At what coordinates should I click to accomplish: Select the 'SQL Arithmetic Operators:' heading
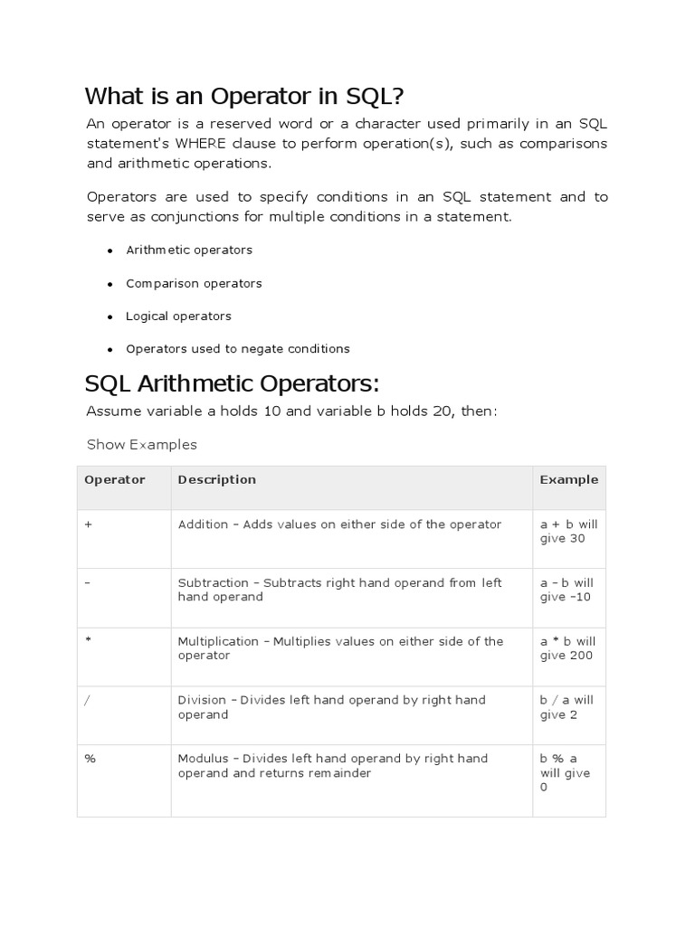click(x=232, y=383)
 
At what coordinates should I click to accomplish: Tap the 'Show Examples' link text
click(x=141, y=445)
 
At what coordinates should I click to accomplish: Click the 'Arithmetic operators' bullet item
click(x=189, y=250)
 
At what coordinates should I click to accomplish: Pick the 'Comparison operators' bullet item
click(x=194, y=283)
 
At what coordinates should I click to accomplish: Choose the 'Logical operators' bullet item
click(x=178, y=316)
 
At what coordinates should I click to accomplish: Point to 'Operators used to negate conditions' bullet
click(x=237, y=349)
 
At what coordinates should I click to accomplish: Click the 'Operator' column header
click(x=114, y=480)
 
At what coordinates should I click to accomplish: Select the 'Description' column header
click(x=217, y=480)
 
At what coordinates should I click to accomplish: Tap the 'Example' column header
click(x=568, y=480)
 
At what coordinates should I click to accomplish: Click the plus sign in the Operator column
click(x=88, y=524)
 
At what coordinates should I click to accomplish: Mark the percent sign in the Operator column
click(x=90, y=759)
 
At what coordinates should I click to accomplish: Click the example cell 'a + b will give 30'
click(x=568, y=532)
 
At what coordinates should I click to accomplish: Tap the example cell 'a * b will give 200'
click(x=568, y=648)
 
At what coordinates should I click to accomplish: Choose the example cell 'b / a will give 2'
click(x=567, y=707)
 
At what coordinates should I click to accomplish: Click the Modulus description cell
click(x=333, y=766)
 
